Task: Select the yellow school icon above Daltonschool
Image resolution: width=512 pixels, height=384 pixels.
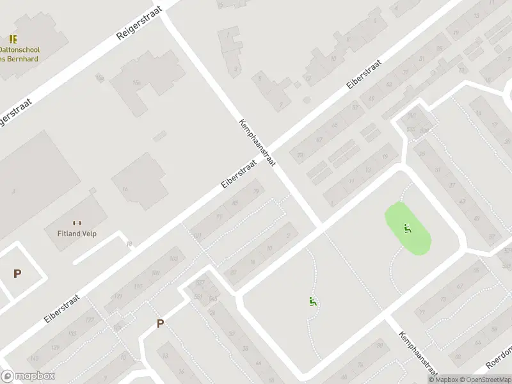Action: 13,39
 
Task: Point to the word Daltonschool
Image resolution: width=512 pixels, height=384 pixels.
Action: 19,49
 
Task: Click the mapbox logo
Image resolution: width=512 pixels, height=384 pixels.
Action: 28,376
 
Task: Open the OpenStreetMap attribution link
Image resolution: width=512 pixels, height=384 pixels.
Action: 485,380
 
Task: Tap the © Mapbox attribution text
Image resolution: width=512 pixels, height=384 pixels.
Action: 444,380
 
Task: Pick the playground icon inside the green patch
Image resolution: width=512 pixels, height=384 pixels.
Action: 406,227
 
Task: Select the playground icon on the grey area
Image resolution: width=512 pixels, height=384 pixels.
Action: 312,302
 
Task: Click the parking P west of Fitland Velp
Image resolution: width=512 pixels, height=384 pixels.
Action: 17,274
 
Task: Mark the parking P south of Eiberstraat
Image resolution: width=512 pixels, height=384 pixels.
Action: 160,324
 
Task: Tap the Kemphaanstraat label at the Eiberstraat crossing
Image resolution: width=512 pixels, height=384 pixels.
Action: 257,143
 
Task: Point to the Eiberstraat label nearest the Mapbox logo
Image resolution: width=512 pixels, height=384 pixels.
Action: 62,308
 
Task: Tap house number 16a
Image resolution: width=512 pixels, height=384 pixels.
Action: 136,82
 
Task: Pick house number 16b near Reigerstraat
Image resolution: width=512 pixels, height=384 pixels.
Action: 99,77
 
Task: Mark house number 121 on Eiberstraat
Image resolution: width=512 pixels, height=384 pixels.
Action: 116,296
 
